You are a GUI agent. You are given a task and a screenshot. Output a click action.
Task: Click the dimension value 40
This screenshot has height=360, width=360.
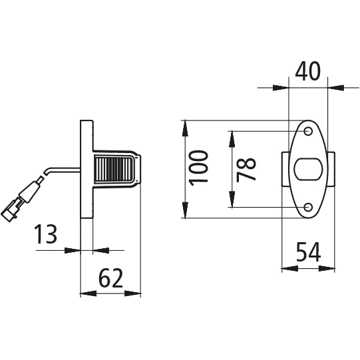[307, 71]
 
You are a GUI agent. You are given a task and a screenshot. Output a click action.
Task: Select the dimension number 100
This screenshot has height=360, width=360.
[198, 166]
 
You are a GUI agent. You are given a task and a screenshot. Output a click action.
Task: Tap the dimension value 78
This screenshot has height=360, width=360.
[246, 170]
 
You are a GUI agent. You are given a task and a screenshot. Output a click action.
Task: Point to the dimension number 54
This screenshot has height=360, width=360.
[308, 252]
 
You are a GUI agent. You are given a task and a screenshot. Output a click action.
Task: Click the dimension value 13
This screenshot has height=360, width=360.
[45, 234]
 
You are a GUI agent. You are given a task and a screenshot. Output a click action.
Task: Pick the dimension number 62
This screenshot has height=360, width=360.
[110, 277]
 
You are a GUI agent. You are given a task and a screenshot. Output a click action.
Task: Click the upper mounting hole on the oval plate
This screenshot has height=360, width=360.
[308, 131]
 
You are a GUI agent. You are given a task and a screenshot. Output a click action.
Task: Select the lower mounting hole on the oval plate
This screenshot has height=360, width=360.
[308, 208]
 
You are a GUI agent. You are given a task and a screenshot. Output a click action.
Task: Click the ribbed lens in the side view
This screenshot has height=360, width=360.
[113, 170]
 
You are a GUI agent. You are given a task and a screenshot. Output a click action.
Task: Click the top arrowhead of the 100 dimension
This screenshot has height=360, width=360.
[185, 128]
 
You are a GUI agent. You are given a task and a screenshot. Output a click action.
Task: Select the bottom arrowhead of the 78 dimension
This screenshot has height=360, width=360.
[232, 200]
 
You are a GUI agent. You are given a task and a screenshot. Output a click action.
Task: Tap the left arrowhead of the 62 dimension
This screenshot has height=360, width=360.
[88, 293]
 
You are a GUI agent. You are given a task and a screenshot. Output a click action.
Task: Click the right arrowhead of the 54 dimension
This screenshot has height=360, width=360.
[327, 268]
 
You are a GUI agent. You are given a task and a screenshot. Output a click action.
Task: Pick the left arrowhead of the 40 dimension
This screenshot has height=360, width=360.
[281, 87]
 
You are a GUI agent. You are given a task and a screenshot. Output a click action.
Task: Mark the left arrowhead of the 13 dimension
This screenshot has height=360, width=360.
[73, 250]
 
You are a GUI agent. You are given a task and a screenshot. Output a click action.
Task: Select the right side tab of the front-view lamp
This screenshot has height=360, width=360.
[331, 169]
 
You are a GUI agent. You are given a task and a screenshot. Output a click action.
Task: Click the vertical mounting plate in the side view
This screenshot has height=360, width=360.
[87, 169]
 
